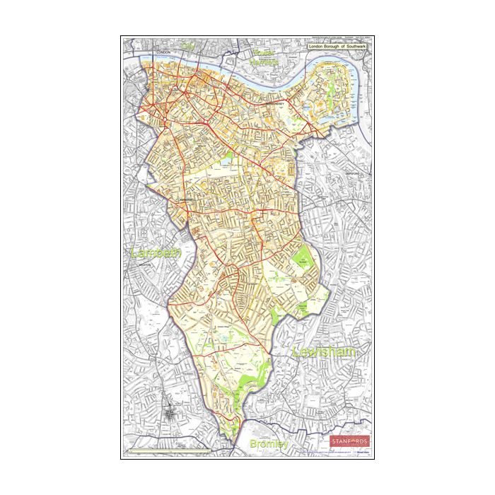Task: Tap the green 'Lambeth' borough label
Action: (156, 252)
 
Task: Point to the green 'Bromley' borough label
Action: (269, 444)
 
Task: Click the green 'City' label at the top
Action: (187, 46)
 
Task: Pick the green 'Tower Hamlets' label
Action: (263, 57)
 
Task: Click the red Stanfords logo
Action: (349, 441)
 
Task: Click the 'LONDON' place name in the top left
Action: (164, 53)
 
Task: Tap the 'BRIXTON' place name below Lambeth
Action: (146, 264)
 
